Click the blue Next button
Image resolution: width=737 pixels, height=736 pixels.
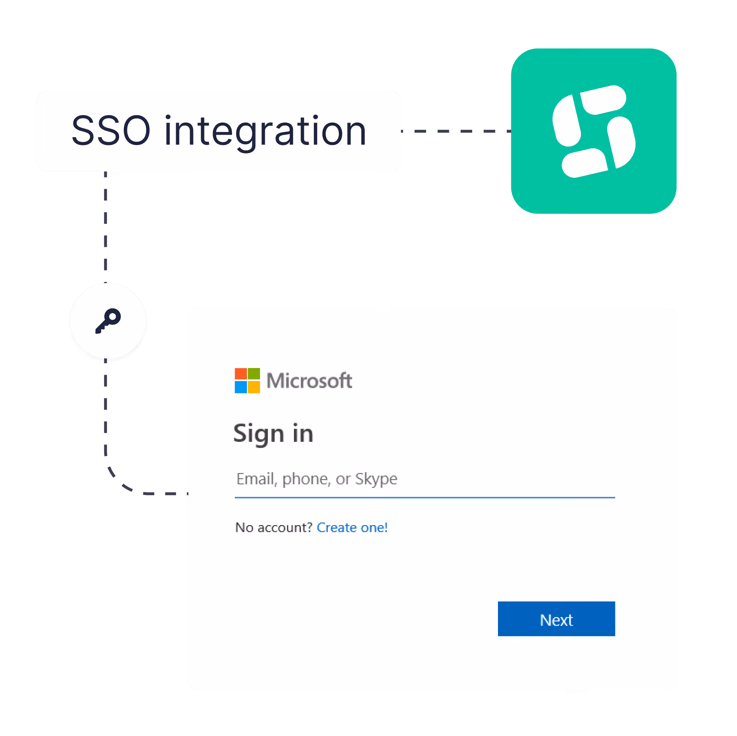coord(556,619)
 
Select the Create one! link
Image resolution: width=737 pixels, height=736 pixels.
coord(352,527)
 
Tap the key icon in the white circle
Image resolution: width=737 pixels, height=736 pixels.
coord(108,321)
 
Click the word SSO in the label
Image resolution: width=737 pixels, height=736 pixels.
coord(111,131)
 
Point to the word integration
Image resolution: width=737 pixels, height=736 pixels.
coord(266,132)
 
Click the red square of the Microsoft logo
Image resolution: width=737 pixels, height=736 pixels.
coord(241,374)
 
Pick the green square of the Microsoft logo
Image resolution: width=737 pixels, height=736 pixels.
coord(254,374)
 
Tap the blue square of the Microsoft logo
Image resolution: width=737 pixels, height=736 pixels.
coord(241,387)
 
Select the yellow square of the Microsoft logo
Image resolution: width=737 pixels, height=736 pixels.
coord(254,387)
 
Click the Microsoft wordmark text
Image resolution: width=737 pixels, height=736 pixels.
coord(309,381)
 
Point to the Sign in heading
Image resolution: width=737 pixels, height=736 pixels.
coord(273,434)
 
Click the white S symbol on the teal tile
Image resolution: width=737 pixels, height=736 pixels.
coord(594,131)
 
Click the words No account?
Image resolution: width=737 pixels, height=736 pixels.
coord(274,527)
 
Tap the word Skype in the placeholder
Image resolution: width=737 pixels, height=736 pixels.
coord(376,479)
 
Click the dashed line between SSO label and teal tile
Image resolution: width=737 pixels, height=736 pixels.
coord(456,131)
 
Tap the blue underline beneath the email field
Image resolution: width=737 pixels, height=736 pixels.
coord(425,498)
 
